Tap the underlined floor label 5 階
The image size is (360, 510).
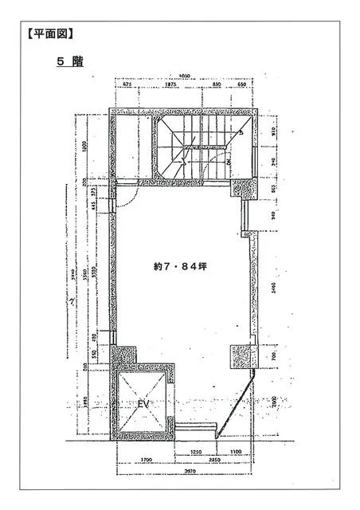(70, 61)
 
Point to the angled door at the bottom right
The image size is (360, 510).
(237, 406)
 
